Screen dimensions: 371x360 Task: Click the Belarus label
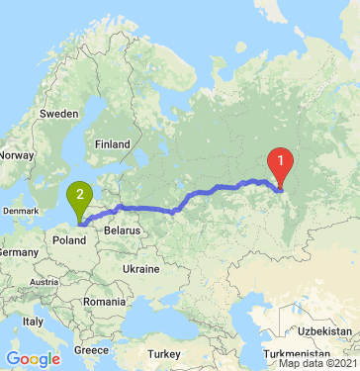pos(125,230)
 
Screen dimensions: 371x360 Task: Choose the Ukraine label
pos(139,269)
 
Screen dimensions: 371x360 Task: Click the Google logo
pos(33,358)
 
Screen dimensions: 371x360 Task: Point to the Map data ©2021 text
pos(317,364)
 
